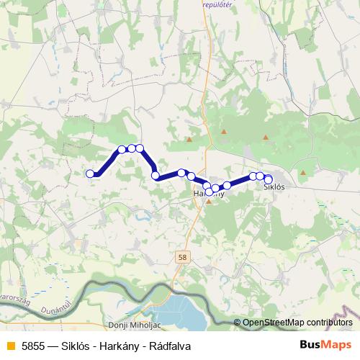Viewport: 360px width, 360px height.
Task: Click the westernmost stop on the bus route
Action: (91, 174)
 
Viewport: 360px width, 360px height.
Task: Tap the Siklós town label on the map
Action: (274, 187)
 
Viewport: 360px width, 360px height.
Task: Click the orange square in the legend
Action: (10, 346)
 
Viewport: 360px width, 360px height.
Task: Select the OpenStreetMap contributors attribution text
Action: (297, 323)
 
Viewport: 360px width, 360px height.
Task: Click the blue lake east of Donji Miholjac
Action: (176, 315)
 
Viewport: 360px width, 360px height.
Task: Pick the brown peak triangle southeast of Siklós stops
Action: (302, 172)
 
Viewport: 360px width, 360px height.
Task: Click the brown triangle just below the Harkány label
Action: (209, 202)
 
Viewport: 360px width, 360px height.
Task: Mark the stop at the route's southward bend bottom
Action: (156, 175)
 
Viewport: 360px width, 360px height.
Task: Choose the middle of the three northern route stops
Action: (132, 148)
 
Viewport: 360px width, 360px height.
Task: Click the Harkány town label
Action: (209, 193)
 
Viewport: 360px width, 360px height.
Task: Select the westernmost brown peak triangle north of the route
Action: (189, 140)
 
